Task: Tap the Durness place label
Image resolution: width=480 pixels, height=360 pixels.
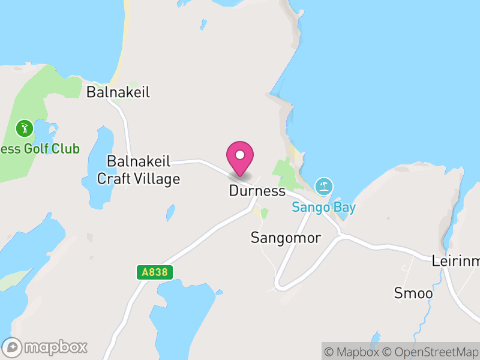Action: [257, 191]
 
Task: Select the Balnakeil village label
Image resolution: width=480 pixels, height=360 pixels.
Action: [118, 92]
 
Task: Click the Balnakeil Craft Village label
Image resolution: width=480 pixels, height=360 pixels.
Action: [139, 170]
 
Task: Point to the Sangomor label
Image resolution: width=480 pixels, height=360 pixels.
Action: [286, 238]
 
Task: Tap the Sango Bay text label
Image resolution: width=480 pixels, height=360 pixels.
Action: [324, 208]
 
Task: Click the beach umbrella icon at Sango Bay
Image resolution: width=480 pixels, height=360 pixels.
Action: [324, 186]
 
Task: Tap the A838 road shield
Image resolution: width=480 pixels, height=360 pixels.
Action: [154, 272]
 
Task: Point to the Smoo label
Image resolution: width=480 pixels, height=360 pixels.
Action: [413, 293]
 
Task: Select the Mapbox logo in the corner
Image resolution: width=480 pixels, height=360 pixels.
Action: [45, 347]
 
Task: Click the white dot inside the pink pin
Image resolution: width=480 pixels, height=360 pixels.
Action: [240, 155]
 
